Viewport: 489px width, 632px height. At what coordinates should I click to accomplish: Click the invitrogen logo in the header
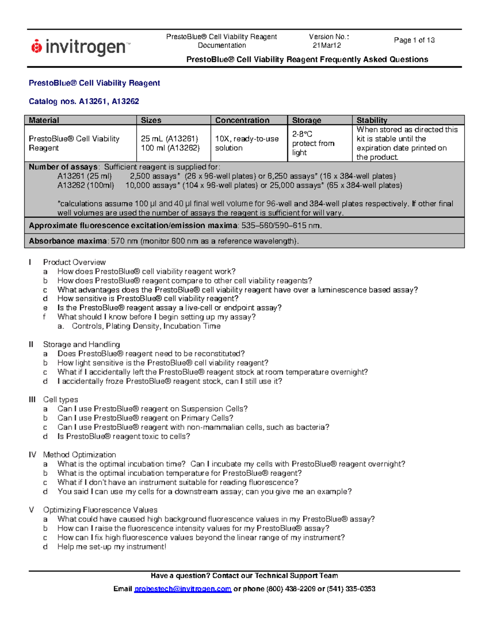point(81,47)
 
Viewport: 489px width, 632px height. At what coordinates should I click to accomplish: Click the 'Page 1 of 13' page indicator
point(414,40)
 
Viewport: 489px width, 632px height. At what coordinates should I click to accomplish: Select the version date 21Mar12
point(326,46)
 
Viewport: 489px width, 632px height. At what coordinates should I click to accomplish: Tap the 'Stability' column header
point(372,120)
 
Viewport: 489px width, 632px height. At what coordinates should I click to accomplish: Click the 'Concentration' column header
point(242,120)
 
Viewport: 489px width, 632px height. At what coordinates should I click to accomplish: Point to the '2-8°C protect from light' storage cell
point(313,143)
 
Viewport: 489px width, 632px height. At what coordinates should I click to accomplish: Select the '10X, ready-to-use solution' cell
point(247,143)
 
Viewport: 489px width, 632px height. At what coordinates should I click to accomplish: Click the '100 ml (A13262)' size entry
point(170,148)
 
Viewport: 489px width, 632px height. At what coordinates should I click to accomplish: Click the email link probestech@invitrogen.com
point(183,589)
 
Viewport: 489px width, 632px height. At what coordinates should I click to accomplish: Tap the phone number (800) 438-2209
point(291,589)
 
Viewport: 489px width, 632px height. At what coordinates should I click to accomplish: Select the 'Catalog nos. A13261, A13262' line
point(84,101)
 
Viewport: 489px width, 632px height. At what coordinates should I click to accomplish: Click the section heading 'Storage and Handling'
point(81,344)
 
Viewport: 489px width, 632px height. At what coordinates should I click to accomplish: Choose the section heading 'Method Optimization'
point(79,455)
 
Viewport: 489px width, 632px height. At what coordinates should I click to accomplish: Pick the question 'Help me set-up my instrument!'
point(112,547)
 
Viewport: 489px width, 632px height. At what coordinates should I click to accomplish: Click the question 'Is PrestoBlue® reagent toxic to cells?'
point(123,436)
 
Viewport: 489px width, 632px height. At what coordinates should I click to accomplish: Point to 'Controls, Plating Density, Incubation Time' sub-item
point(146,326)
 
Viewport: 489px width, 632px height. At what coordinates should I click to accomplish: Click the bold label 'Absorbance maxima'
point(68,241)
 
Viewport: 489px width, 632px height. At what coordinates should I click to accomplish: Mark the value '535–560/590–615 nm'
point(281,225)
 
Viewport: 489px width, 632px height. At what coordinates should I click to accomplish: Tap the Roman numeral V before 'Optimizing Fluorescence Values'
point(31,510)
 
